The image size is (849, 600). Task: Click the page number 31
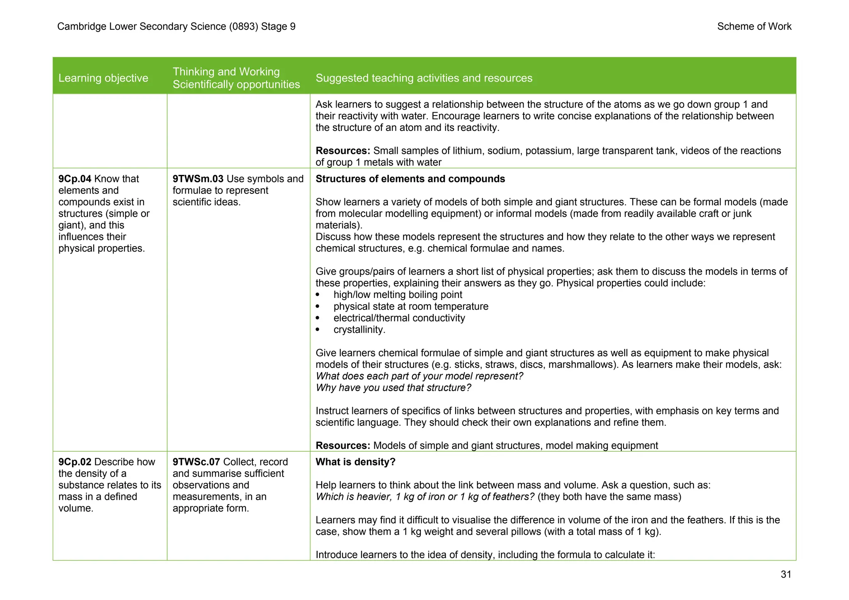[786, 574]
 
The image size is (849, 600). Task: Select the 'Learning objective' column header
[103, 78]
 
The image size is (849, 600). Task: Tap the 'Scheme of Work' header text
[754, 27]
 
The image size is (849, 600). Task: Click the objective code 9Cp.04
[75, 179]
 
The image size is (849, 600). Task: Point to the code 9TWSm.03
[198, 179]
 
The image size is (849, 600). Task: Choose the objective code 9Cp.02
[75, 462]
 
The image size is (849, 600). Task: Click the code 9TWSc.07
[196, 462]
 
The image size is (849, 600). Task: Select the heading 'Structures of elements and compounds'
[410, 179]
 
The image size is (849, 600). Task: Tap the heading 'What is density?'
[355, 462]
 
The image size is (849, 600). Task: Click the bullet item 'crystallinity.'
[359, 330]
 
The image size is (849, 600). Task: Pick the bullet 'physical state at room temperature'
[410, 307]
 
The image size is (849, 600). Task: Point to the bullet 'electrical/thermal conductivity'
[399, 318]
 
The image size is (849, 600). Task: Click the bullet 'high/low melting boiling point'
[398, 295]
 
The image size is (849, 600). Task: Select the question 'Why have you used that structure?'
[393, 388]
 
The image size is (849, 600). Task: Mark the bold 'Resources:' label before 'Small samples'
[342, 151]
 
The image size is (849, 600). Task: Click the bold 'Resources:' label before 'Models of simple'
[342, 446]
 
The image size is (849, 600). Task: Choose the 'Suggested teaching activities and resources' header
[424, 78]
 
